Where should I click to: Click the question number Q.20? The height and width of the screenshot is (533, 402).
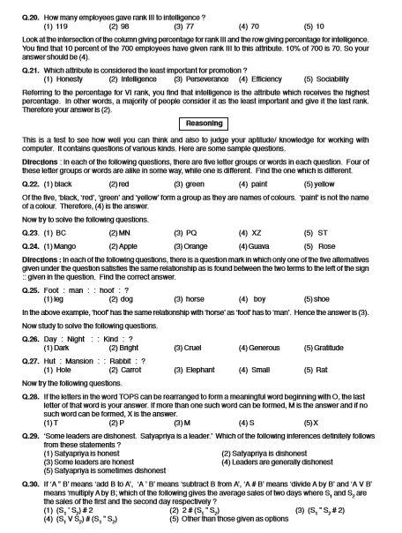(x=14, y=5)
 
